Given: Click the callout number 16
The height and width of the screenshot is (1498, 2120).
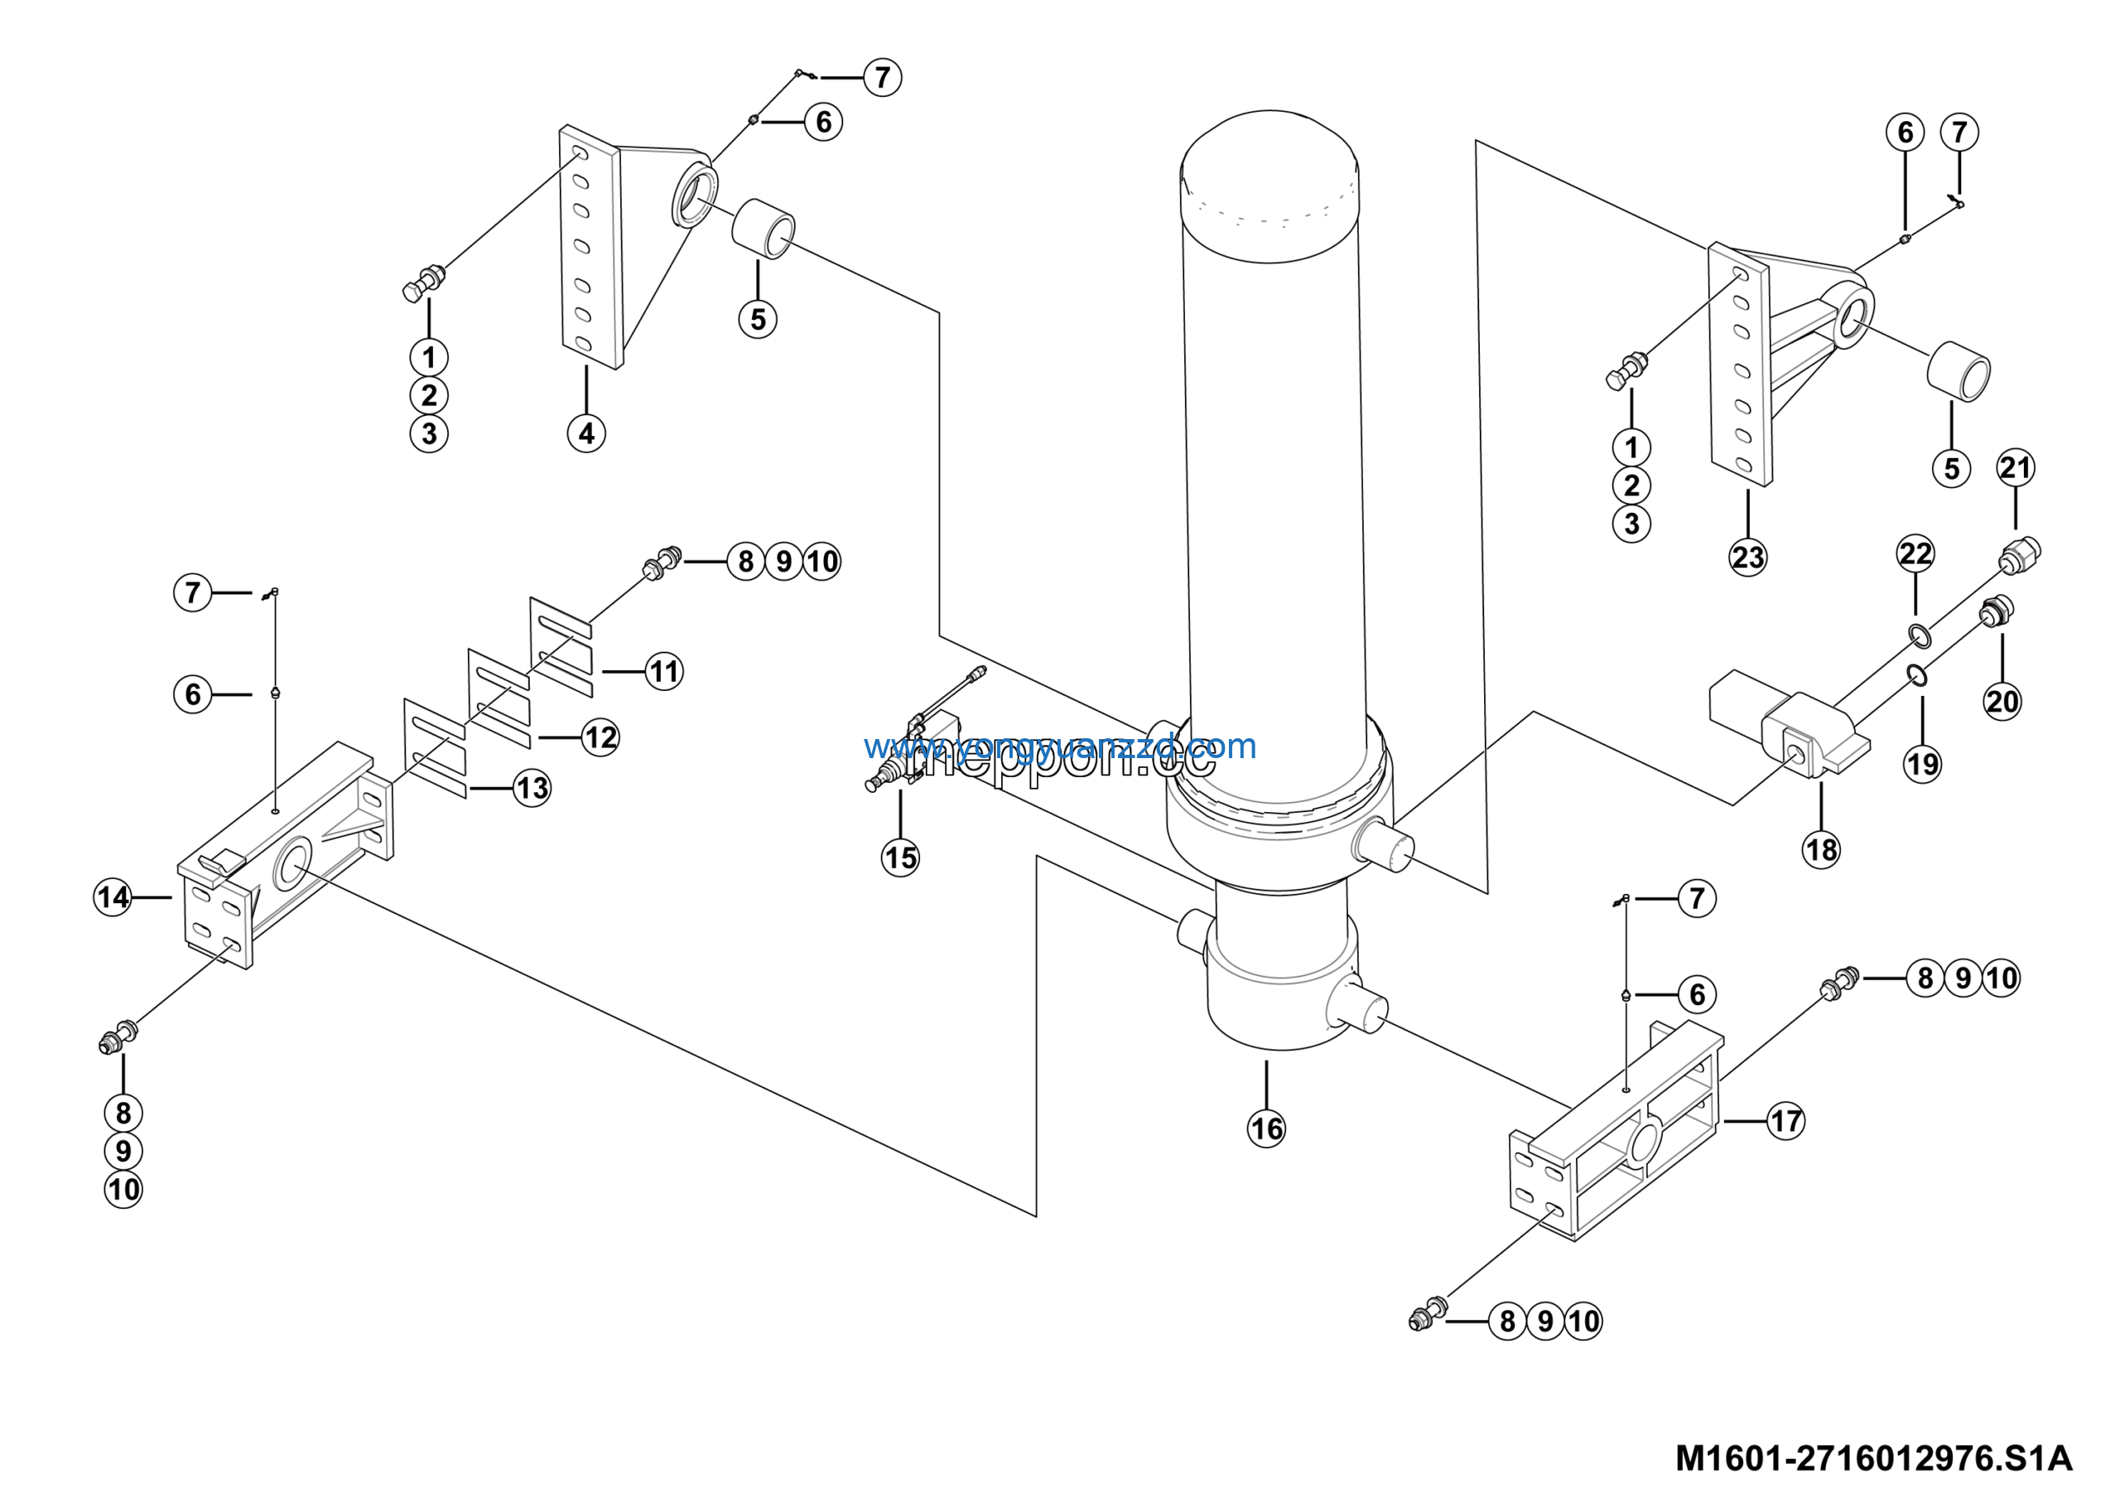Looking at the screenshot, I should (x=1266, y=1128).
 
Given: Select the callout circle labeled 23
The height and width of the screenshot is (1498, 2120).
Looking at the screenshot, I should (x=1747, y=557).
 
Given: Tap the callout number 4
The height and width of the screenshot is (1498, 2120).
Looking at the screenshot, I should (x=586, y=432).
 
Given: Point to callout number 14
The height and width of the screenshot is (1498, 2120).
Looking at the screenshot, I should (x=113, y=896).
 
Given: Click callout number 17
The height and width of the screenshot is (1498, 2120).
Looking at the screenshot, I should (x=1785, y=1121).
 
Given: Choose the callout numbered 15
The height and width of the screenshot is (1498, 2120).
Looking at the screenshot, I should (x=900, y=857).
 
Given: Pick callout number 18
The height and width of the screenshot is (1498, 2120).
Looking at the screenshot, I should (x=1821, y=848).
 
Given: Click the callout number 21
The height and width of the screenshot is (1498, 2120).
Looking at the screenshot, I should (x=2015, y=467).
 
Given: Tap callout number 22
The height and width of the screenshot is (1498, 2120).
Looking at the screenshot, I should (x=1915, y=553).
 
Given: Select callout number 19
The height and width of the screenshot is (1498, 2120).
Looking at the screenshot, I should (x=1922, y=764).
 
